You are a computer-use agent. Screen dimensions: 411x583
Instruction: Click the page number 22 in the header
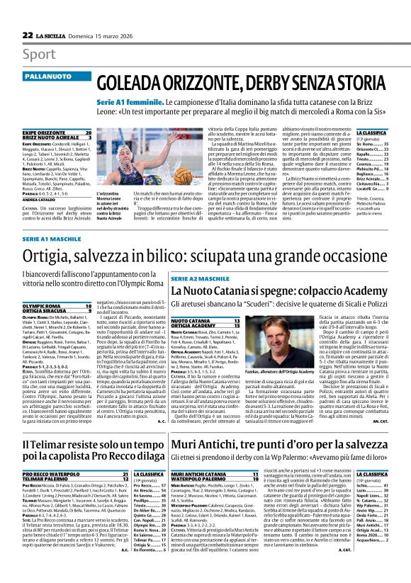(28, 35)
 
